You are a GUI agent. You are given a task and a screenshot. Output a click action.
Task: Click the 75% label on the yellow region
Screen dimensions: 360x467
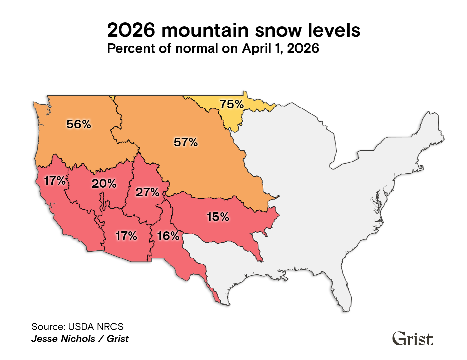231,104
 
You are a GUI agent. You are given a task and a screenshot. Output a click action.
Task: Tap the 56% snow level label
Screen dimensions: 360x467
79,124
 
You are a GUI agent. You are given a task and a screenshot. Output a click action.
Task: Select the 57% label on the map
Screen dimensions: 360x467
186,142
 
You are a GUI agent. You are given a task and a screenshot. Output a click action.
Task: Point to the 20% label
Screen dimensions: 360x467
104,184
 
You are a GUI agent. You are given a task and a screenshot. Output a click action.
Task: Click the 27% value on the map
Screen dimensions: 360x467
147,192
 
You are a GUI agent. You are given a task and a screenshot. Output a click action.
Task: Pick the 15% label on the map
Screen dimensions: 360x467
218,217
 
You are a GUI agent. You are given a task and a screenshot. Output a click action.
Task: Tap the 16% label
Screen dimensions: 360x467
168,236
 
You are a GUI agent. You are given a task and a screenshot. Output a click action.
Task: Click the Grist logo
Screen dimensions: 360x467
413,339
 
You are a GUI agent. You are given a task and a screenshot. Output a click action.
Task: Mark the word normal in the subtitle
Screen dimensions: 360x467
196,49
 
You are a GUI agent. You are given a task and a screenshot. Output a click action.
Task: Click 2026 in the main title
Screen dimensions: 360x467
131,31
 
